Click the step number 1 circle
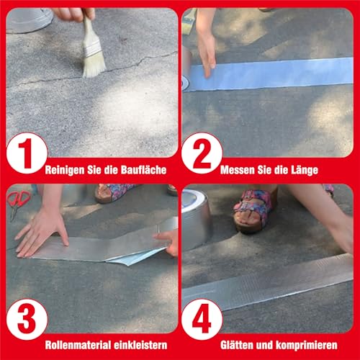click(x=26, y=153)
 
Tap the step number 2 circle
click(x=201, y=153)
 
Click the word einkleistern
click(x=139, y=346)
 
